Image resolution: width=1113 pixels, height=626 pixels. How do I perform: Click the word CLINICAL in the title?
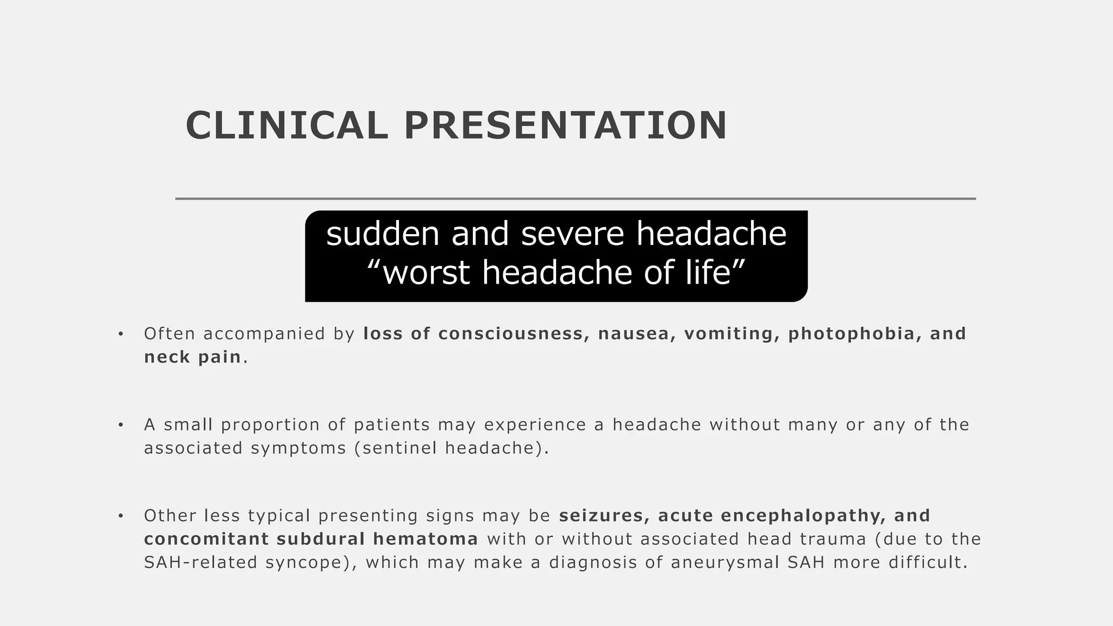[286, 126]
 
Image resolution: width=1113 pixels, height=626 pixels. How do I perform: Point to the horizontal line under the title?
[575, 199]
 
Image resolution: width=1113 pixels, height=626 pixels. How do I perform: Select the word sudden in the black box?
[383, 234]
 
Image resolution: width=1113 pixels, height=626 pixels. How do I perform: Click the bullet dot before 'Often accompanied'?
[121, 334]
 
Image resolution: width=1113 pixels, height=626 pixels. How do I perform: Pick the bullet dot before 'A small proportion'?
[121, 425]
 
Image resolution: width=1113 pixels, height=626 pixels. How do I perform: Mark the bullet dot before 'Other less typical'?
[121, 516]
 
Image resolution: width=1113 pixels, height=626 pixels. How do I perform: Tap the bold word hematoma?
[426, 539]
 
